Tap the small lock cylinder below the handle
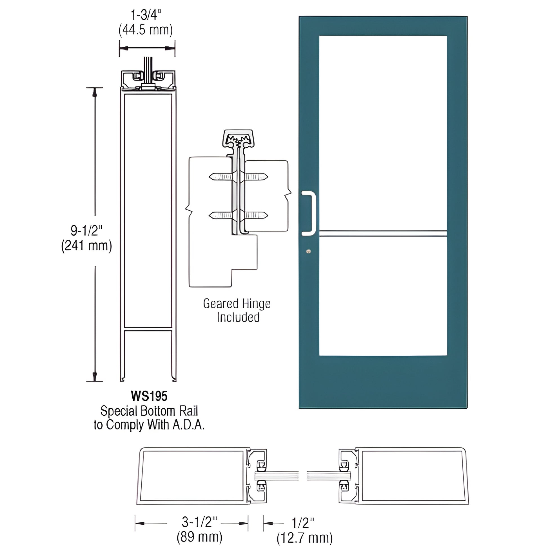click(309, 251)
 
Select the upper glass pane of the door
click(383, 132)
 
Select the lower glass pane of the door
click(383, 295)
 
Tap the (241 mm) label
click(87, 246)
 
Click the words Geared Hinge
click(237, 304)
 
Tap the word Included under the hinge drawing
click(238, 317)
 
